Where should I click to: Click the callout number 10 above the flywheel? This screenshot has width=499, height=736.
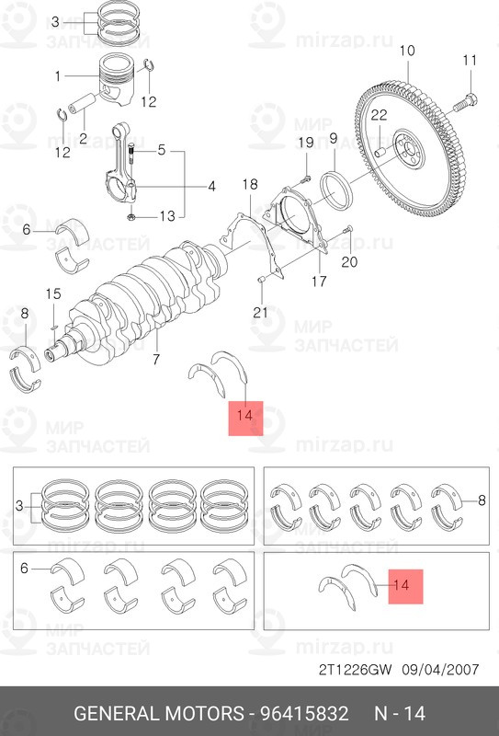tap(407, 50)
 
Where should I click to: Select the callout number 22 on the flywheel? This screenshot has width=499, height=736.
tap(379, 115)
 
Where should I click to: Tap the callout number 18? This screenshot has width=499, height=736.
tap(249, 186)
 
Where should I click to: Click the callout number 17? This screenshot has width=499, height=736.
tap(318, 281)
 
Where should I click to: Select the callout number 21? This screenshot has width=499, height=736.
tap(260, 312)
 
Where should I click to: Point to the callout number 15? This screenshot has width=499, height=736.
tap(53, 293)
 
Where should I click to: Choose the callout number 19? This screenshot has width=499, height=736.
tap(306, 142)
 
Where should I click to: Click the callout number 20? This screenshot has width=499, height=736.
tap(348, 261)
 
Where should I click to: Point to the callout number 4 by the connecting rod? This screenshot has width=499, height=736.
tap(210, 186)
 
